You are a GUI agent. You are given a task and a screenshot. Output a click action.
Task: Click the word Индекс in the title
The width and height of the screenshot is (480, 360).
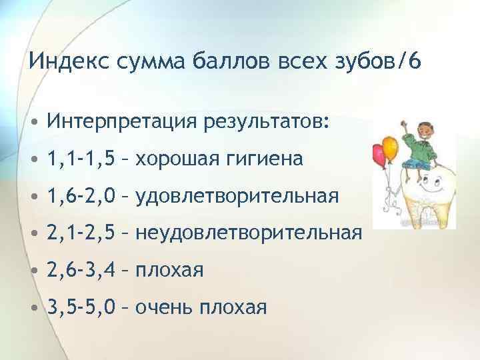pos(64,63)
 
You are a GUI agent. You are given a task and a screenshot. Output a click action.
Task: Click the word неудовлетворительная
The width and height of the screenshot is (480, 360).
pos(249,233)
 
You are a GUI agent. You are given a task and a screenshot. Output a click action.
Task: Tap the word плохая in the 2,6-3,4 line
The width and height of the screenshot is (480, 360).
pos(169,271)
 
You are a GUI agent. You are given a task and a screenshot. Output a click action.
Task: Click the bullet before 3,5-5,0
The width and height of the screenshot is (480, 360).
pos(34,308)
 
